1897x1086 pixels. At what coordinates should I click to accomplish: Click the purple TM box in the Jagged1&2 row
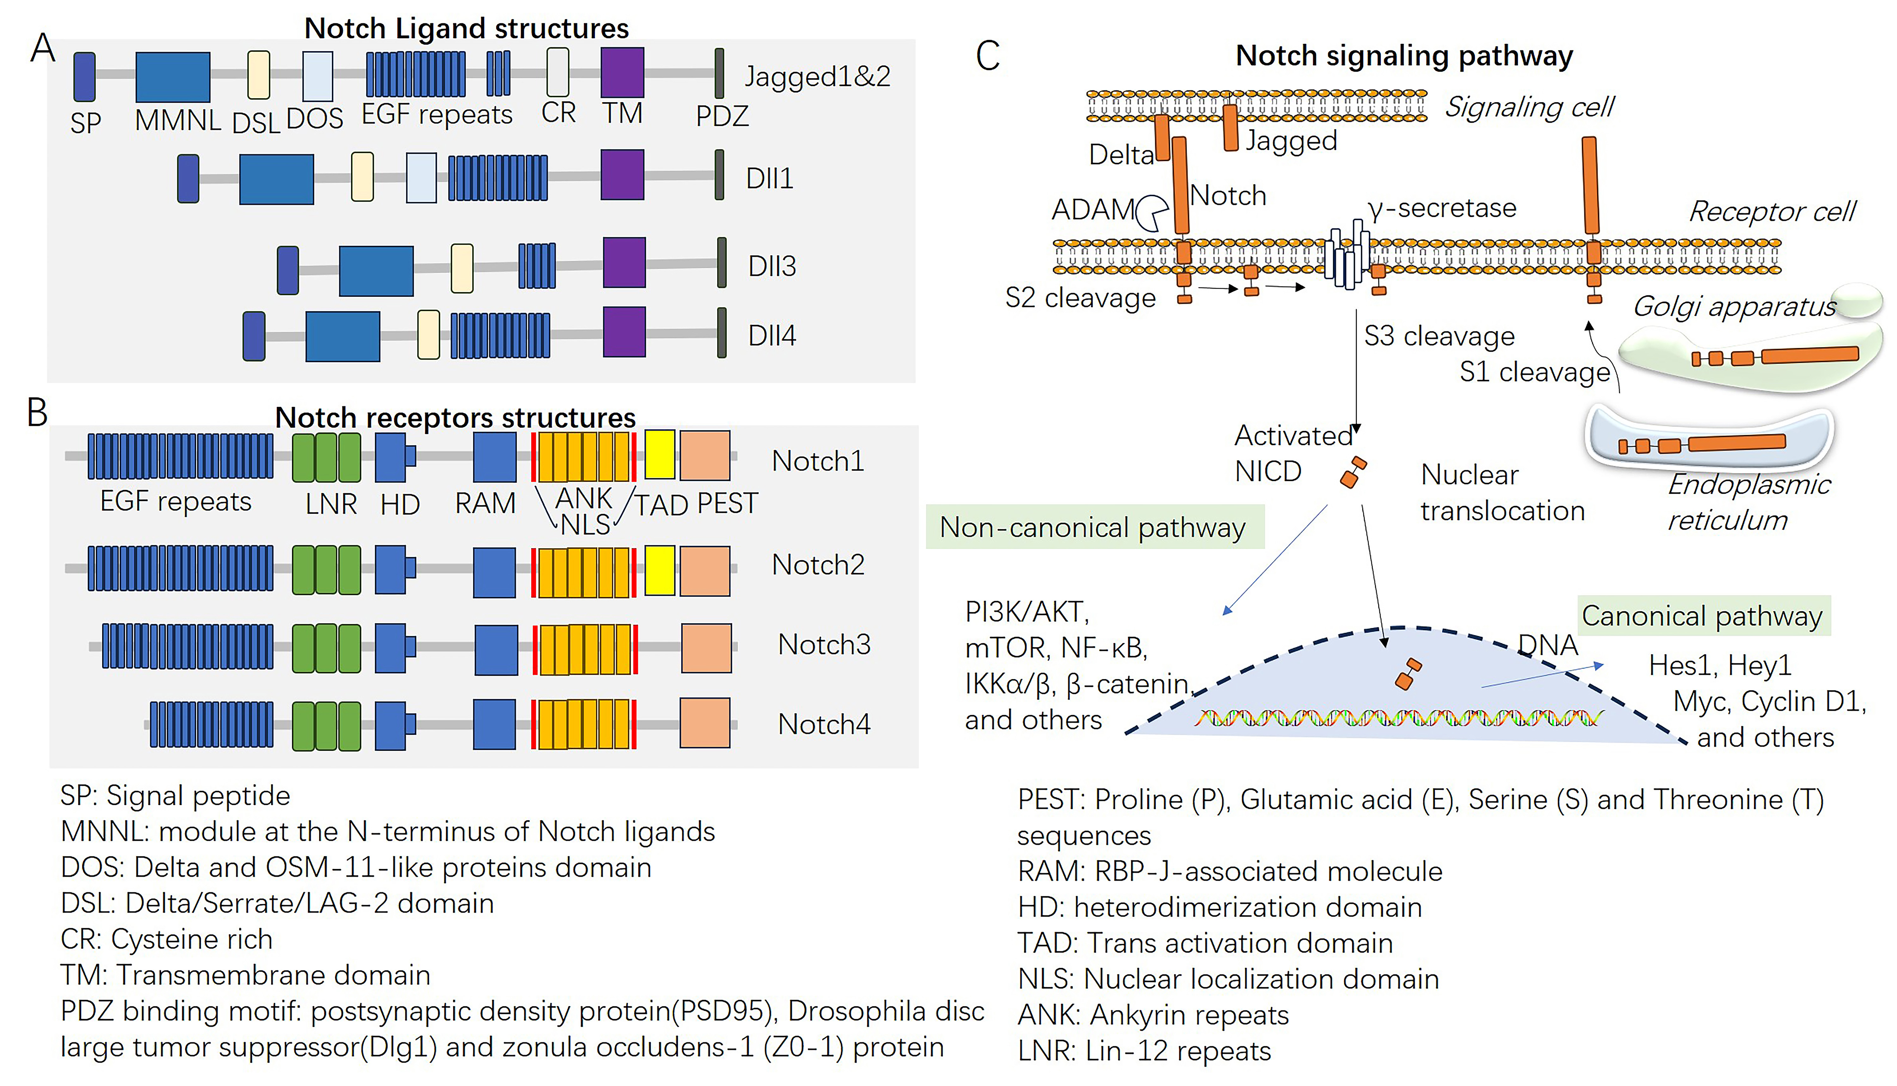[x=622, y=72]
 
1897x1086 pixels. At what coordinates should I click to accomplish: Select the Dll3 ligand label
[x=772, y=266]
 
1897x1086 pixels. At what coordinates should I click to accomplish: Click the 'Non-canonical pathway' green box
[x=1094, y=527]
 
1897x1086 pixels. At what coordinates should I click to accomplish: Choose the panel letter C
[x=988, y=56]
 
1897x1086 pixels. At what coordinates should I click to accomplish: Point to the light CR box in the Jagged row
[x=558, y=72]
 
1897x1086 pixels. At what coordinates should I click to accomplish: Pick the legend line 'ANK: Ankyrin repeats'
[x=1153, y=1015]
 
